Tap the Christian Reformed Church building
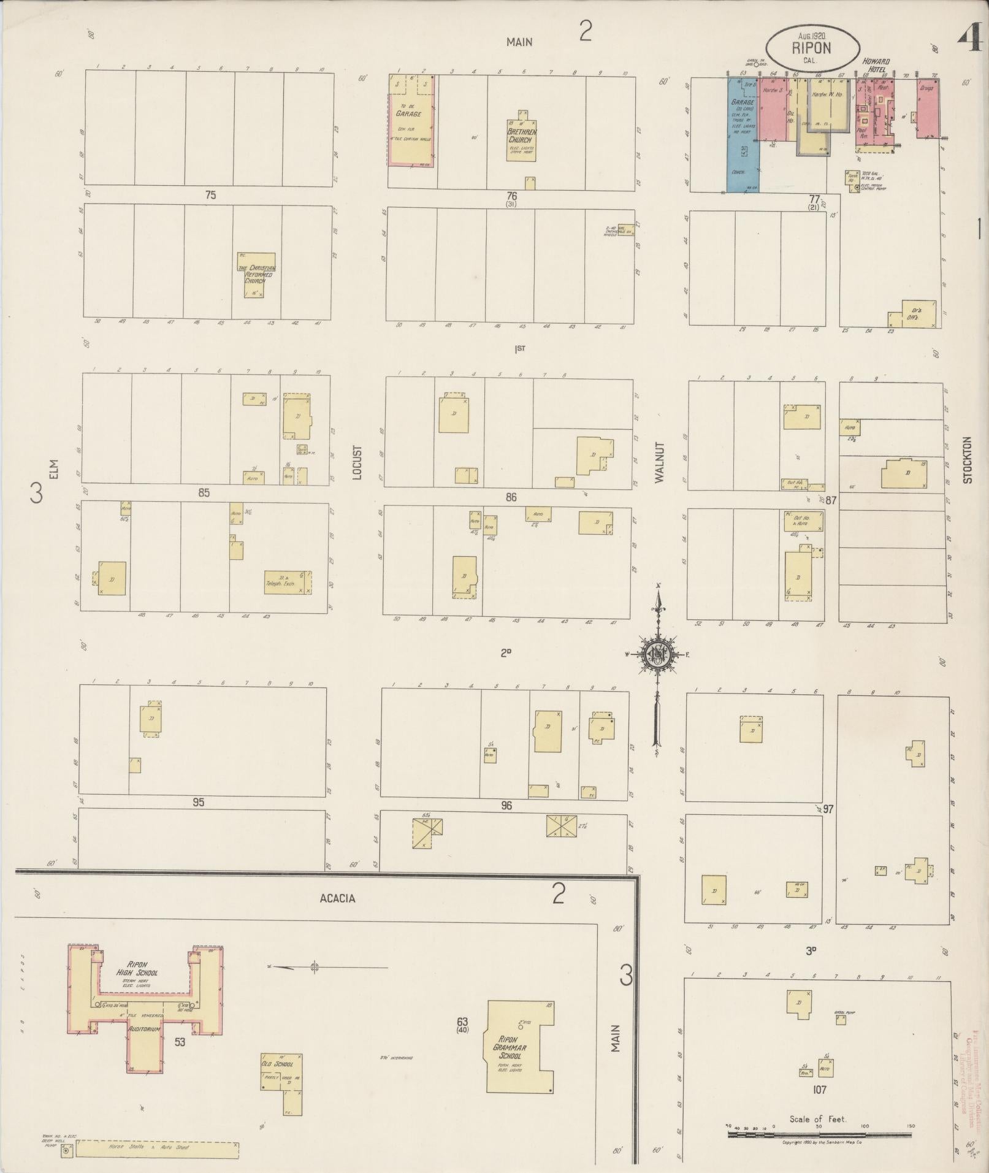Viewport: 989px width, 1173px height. tap(256, 275)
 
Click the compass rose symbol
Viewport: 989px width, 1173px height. tap(657, 654)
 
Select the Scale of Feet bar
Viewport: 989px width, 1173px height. tap(818, 1134)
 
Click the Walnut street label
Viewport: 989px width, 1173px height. tap(660, 462)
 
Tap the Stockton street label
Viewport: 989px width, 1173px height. tap(968, 460)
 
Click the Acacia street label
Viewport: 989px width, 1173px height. tap(337, 898)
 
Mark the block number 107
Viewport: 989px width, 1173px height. tap(819, 1090)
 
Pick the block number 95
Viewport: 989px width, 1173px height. tap(197, 802)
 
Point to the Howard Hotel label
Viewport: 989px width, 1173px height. tap(876, 66)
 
